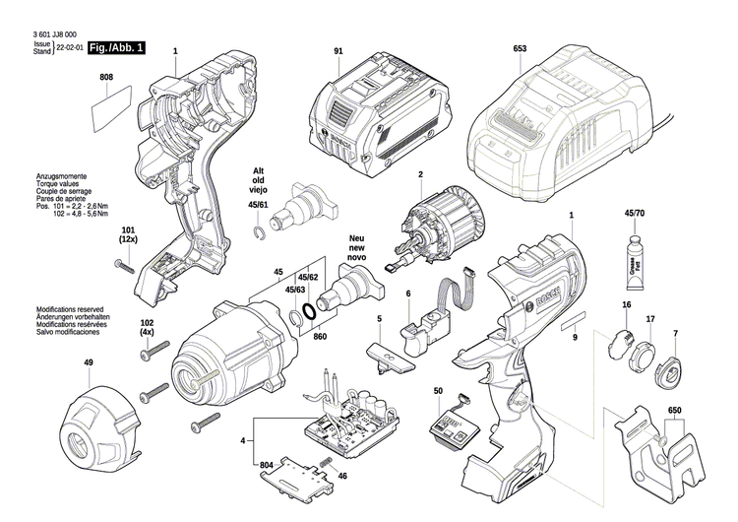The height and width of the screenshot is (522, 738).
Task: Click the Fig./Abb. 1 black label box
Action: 115,47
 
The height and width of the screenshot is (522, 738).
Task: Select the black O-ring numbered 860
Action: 309,315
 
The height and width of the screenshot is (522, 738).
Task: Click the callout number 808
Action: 106,77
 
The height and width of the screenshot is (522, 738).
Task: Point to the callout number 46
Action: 343,477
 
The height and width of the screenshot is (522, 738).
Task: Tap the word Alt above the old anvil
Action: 258,168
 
